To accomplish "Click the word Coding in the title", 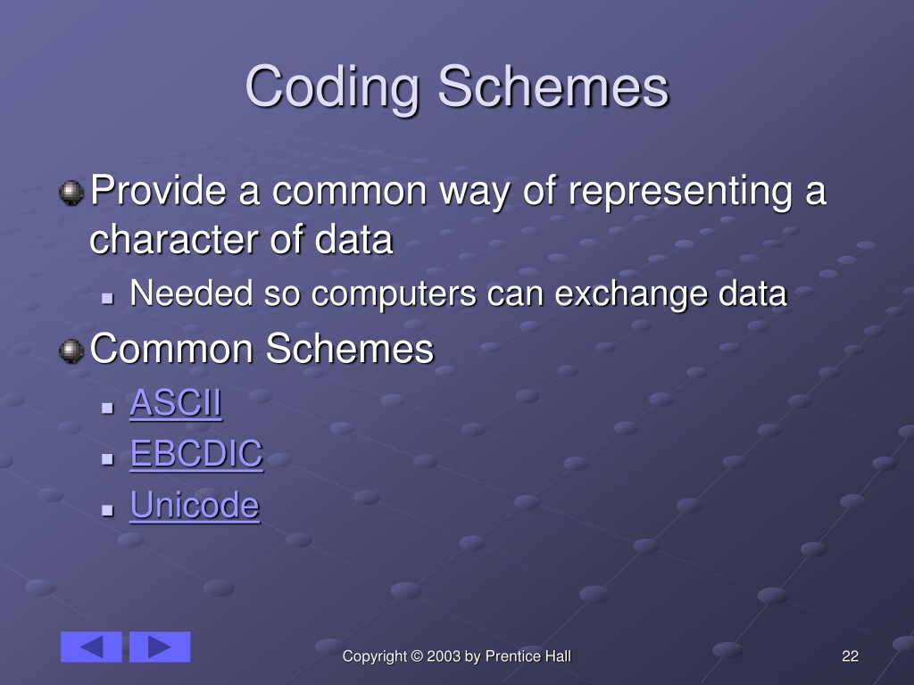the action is [x=332, y=87].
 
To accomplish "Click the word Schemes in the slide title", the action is [x=553, y=87].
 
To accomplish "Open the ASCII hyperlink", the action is [x=176, y=402].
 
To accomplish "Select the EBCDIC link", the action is [x=196, y=454].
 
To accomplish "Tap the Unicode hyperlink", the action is [x=195, y=505].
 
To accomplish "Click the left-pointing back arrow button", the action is [x=91, y=647].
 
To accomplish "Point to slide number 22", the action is [x=850, y=656].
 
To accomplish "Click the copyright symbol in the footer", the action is [x=417, y=656].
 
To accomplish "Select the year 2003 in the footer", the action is [x=444, y=656].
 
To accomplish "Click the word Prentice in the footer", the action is [x=512, y=656].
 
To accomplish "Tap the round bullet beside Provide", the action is [x=71, y=193].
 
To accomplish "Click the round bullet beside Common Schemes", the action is [x=71, y=351].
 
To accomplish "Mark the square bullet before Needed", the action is [x=107, y=299].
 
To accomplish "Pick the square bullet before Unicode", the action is [x=107, y=510].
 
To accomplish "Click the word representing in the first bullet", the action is [x=680, y=194].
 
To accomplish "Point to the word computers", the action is [x=394, y=294].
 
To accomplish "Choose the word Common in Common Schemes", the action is [x=171, y=349].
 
